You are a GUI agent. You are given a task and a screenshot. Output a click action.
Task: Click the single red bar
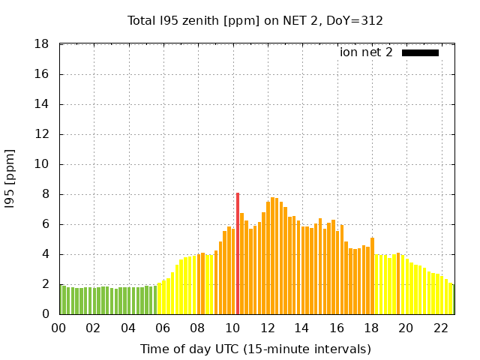tap(238, 253)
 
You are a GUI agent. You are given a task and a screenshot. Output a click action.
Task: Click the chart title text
tap(256, 20)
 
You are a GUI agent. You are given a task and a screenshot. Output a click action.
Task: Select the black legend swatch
tap(420, 52)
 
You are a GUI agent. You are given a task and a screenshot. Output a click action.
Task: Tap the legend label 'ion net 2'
tap(366, 52)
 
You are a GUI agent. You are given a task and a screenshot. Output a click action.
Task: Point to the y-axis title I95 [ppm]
tap(10, 179)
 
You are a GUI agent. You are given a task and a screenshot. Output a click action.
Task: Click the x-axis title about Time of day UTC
tap(256, 349)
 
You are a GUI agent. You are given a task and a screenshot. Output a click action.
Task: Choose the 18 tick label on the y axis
tap(43, 45)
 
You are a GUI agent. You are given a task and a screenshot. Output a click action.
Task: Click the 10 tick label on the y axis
tap(43, 164)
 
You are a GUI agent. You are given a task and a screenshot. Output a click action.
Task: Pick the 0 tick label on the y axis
tap(46, 314)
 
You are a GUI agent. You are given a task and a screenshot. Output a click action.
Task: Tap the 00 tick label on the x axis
tap(59, 328)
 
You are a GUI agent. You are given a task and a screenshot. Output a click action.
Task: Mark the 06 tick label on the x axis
tap(163, 328)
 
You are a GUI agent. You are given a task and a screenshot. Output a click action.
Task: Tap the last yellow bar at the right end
tap(451, 299)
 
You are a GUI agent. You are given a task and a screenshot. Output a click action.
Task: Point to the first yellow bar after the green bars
tap(160, 299)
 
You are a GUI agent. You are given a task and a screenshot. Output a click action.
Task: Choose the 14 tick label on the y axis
tap(43, 104)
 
